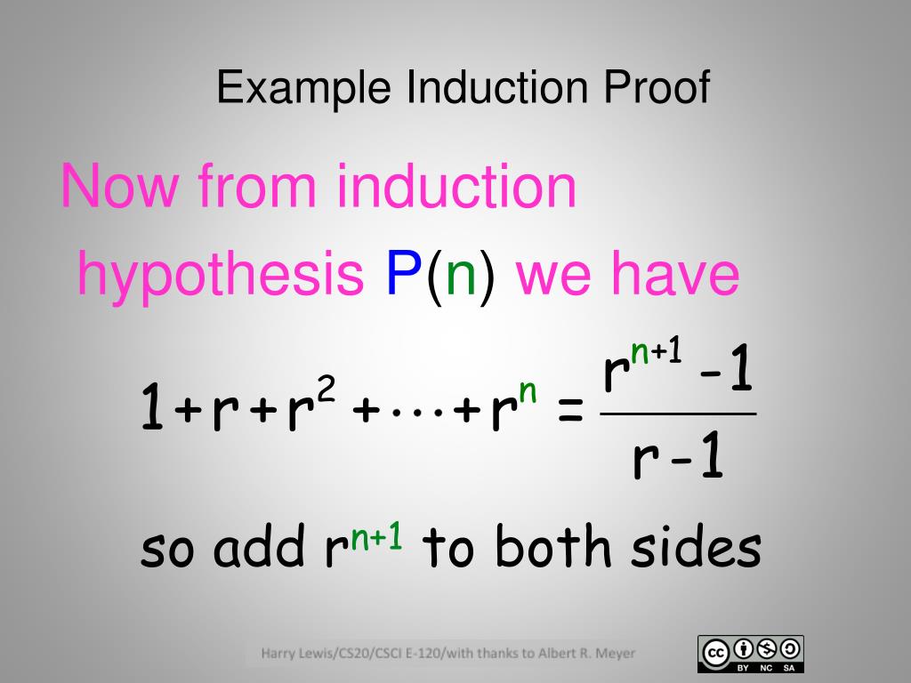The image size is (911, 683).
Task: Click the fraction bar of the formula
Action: coord(678,414)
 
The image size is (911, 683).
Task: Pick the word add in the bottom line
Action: coord(259,548)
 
